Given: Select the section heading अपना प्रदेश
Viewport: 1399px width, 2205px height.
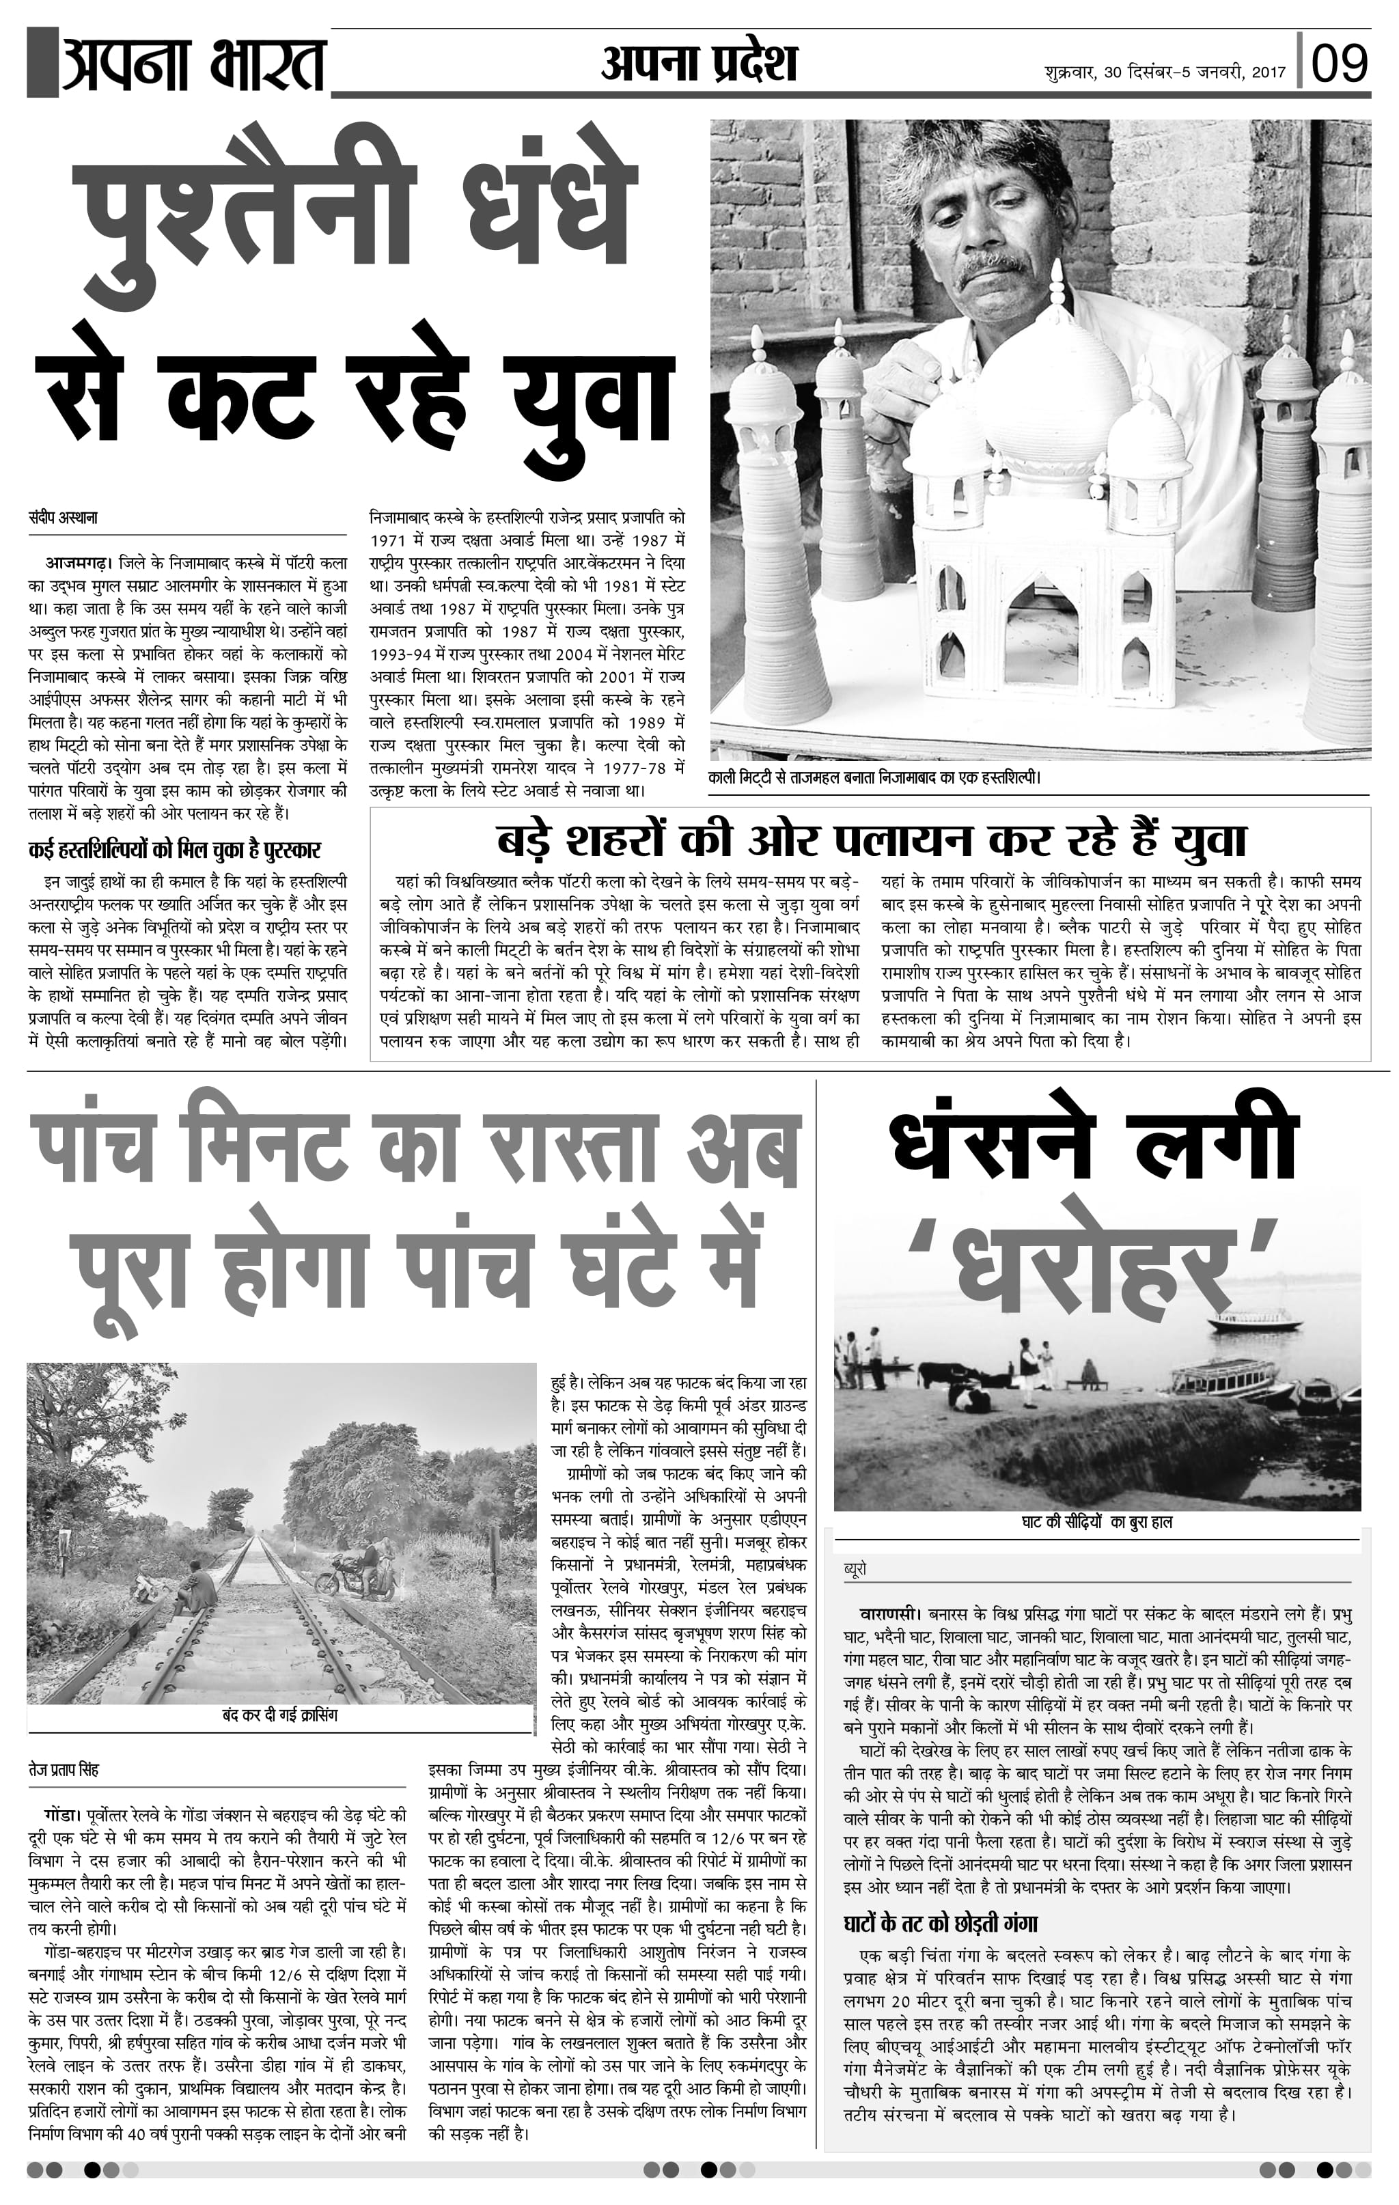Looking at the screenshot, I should click(699, 64).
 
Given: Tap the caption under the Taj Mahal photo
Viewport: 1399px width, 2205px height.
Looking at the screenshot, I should click(875, 777).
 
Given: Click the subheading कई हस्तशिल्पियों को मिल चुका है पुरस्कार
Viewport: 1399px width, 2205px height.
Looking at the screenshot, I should click(174, 849).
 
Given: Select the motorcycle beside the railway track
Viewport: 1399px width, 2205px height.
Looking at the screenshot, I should click(357, 1573).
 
